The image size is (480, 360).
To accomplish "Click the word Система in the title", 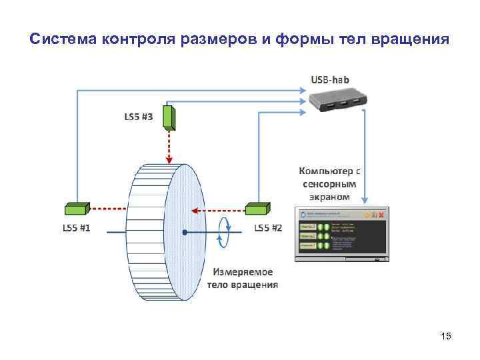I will pos(63,39).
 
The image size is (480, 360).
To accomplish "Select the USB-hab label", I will pos(330,79).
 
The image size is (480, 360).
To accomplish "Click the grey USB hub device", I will pos(337,101).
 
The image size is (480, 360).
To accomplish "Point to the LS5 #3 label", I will pos(139,117).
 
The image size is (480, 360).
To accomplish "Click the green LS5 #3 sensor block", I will pos(169,118).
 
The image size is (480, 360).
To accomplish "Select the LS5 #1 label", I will pos(77,228).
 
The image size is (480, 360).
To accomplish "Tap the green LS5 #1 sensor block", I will pos(78,209).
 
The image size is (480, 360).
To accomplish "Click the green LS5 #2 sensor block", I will pos(257,209).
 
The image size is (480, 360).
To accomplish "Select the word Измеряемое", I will pos(243,272).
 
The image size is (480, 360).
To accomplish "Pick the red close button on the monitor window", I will pos(381,215).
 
